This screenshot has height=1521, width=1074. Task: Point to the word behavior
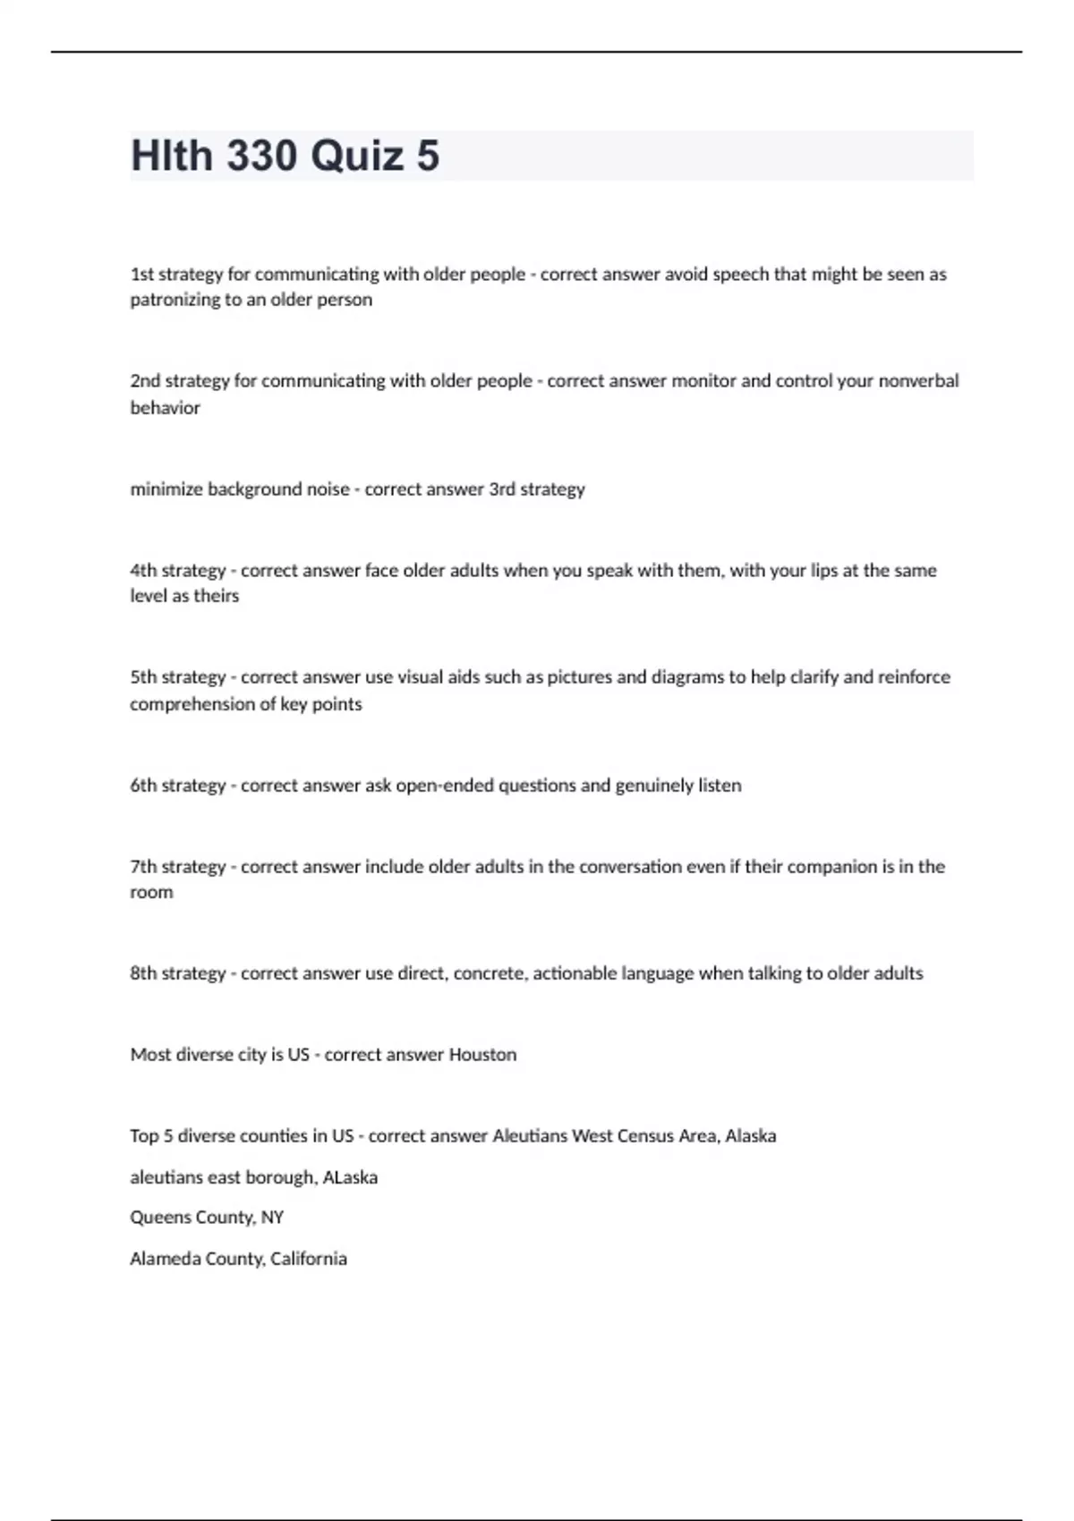[165, 408]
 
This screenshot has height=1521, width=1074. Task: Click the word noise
[328, 489]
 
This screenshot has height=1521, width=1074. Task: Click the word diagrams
[700, 677]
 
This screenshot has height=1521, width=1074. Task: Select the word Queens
[156, 1218]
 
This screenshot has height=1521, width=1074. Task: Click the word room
[151, 893]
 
